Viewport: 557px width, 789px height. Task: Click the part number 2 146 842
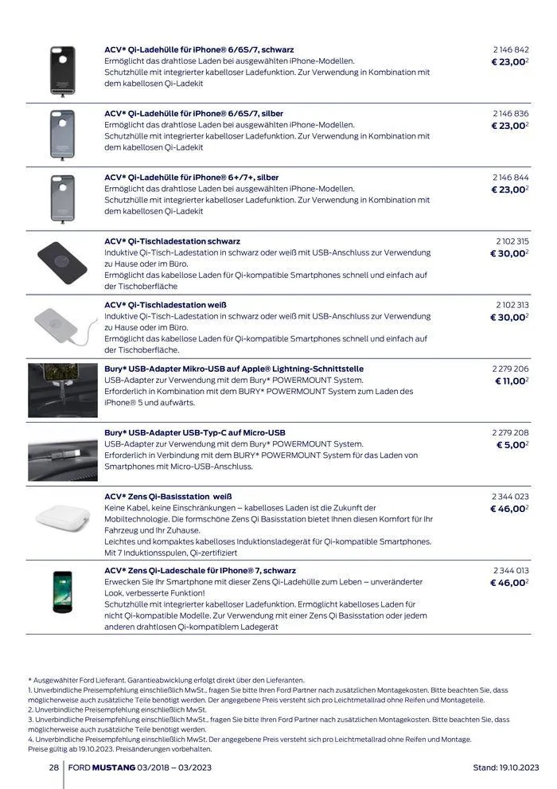[510, 49]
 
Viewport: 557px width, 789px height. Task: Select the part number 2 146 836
[510, 114]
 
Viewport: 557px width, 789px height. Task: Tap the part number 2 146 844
[510, 178]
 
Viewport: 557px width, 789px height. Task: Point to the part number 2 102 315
[511, 241]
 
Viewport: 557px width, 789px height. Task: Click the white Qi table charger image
[61, 325]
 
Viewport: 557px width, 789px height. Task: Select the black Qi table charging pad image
[62, 261]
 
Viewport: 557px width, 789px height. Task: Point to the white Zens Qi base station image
[62, 519]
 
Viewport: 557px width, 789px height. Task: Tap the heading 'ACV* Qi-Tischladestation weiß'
[166, 305]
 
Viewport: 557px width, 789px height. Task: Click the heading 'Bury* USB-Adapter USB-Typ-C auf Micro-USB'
[194, 432]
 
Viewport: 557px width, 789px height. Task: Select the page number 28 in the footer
[53, 768]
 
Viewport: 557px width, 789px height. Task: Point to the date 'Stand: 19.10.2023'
[506, 768]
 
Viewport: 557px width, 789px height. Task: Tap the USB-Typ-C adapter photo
[62, 454]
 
